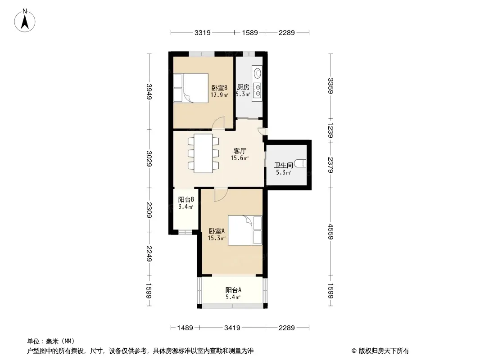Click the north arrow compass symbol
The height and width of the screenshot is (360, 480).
coord(25,21)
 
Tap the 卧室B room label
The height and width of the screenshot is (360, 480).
coord(219,88)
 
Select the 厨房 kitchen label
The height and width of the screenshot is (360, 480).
coord(243,87)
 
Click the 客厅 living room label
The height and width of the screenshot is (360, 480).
coord(240,151)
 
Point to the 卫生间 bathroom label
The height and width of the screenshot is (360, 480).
coord(284,166)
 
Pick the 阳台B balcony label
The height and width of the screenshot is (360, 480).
coord(186,200)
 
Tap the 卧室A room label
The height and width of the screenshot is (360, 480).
coord(217,231)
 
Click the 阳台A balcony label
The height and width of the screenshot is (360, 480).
coord(233,290)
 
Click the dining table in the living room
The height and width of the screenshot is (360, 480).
coord(203,153)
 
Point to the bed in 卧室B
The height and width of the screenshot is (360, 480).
coord(191,88)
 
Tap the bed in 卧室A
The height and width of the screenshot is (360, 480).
coord(245,230)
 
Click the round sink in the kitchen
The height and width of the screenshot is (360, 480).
coord(258,73)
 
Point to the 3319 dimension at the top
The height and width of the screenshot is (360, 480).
coord(202,32)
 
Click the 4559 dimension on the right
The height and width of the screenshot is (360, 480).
coord(331,232)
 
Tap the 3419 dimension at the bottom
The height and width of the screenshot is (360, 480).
coord(232,328)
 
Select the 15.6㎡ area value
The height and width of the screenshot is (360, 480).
coord(240,158)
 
